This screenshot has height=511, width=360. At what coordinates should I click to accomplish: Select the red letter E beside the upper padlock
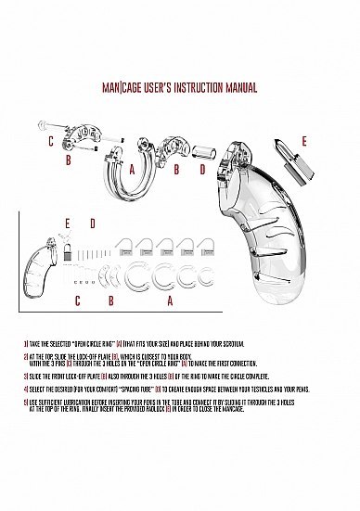coord(302,142)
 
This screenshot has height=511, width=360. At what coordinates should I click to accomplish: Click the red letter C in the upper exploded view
coord(51,141)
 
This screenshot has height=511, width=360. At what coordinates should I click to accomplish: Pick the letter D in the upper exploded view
coord(201,171)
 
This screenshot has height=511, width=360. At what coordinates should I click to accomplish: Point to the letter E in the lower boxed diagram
coord(67,224)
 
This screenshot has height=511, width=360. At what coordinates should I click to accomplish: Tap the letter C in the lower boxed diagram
coord(77,300)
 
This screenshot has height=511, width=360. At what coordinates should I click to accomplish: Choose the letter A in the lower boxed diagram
coord(170,300)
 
